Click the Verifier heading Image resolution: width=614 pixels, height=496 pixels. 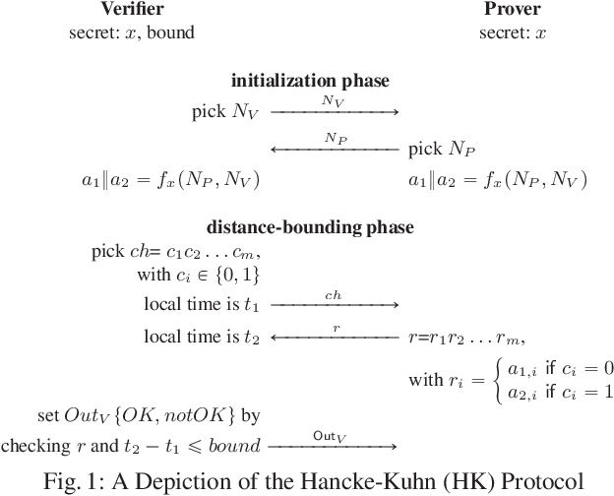tap(131, 10)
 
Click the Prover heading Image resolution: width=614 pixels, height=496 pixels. tap(512, 10)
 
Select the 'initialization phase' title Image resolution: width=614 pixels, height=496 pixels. tap(310, 81)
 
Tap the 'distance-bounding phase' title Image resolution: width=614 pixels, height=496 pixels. tap(310, 227)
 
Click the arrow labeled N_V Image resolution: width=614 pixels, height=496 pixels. tap(335, 112)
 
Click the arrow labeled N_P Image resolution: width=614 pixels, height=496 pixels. tap(335, 150)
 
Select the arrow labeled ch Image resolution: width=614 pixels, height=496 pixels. tap(335, 305)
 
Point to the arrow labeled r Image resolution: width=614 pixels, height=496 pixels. tap(335, 338)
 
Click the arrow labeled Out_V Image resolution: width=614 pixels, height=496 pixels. tap(335, 447)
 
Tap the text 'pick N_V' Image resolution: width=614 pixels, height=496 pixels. tap(226, 112)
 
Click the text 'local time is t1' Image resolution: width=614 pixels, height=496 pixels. tap(203, 305)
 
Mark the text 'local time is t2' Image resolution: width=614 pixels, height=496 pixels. tap(203, 338)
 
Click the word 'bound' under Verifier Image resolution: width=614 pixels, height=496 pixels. tap(172, 32)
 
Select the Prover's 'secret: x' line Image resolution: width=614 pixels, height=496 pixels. tap(512, 32)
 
